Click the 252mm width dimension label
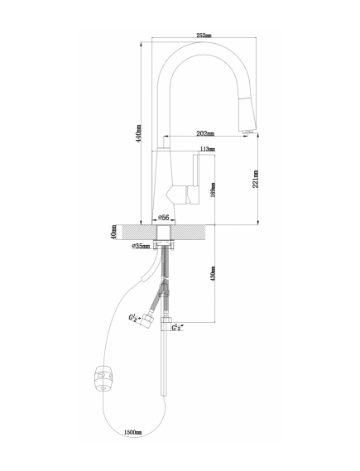click(x=204, y=35)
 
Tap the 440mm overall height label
click(x=138, y=133)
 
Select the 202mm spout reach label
click(x=205, y=133)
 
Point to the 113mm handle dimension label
click(x=208, y=149)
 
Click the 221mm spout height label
click(x=256, y=179)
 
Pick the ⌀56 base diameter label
click(x=164, y=217)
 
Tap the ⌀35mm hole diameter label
click(x=141, y=247)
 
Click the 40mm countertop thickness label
click(x=113, y=233)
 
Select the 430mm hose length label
click(x=214, y=273)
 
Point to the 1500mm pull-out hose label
click(x=132, y=433)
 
